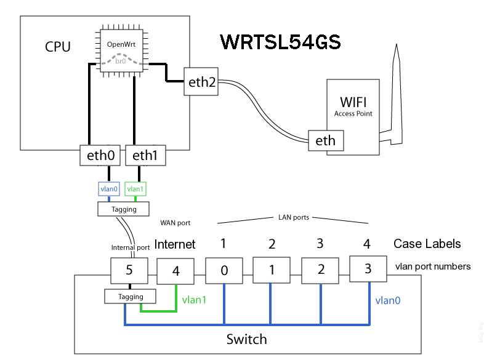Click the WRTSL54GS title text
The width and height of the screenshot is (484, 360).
tap(280, 42)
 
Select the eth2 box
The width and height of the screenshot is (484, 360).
tap(202, 82)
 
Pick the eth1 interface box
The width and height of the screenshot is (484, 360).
tap(146, 155)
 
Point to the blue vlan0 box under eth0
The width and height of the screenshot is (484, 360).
tap(108, 190)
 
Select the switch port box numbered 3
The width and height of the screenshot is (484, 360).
tap(367, 269)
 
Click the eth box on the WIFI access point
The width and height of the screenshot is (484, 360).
tap(326, 140)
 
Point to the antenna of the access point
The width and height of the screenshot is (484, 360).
tap(394, 92)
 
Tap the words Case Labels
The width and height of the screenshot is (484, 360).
tap(427, 244)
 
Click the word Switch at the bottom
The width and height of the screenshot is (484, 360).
tap(246, 339)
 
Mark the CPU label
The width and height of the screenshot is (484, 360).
tap(58, 47)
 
